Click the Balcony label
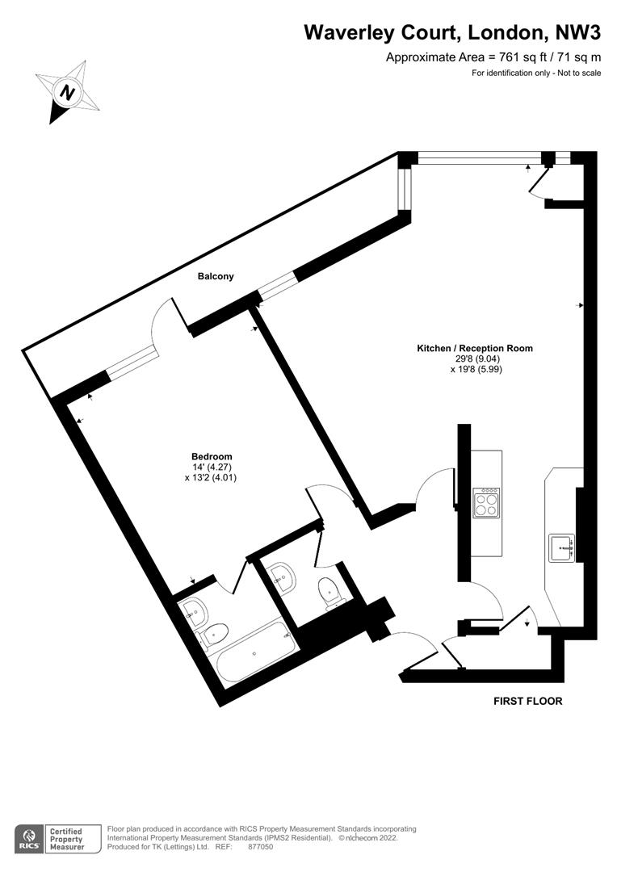(x=216, y=276)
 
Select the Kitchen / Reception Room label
(x=475, y=349)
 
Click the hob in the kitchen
(x=486, y=503)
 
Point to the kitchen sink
(x=562, y=548)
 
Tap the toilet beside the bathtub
(x=214, y=635)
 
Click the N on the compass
(x=68, y=92)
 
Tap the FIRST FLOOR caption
(x=528, y=702)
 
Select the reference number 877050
(x=260, y=847)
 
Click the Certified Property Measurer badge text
(x=66, y=839)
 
